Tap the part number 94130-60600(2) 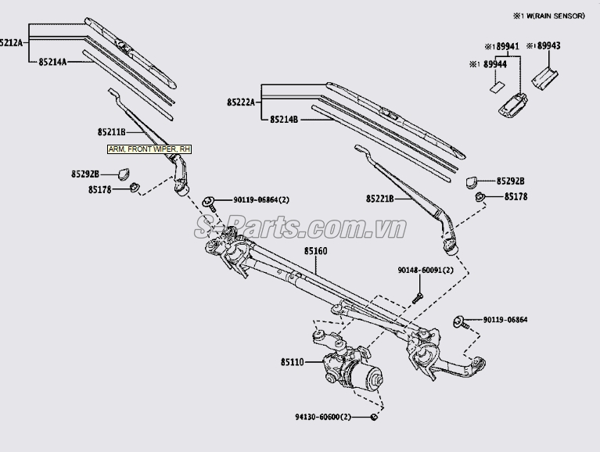(x=322, y=417)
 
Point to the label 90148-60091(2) (x=426, y=271)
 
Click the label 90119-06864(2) (x=261, y=201)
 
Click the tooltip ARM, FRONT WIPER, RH (x=149, y=149)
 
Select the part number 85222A (x=242, y=102)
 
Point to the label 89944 (x=494, y=65)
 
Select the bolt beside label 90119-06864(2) (x=210, y=202)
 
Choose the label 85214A (x=52, y=60)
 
